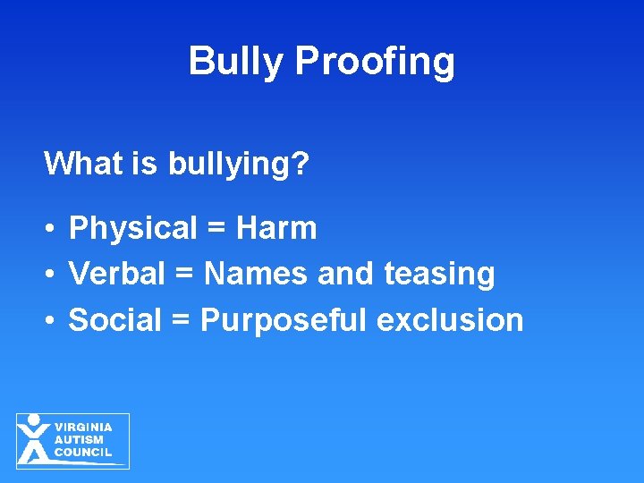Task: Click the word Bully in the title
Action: coord(237,62)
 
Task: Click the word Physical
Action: coord(131,229)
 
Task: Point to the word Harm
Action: coord(276,228)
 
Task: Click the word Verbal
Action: coord(116,274)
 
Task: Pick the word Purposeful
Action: coord(284,320)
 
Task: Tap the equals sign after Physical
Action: coord(216,229)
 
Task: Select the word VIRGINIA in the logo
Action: coord(83,428)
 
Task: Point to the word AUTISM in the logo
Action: coord(79,440)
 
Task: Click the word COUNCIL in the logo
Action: coord(83,453)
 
